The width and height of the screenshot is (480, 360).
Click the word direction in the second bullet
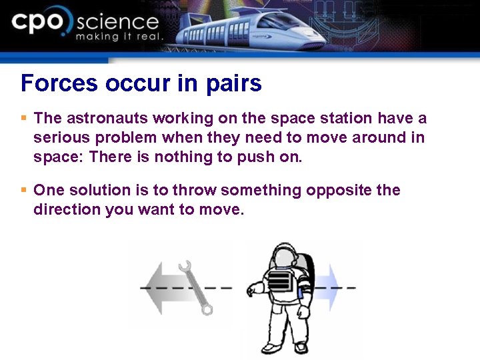(67, 210)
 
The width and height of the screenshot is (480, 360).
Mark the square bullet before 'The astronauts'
(24, 118)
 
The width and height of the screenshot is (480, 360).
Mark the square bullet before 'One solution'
(24, 190)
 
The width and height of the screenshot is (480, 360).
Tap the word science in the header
(117, 22)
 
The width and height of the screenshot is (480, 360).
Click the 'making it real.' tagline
(119, 37)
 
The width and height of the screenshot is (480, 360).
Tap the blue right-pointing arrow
(327, 289)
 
